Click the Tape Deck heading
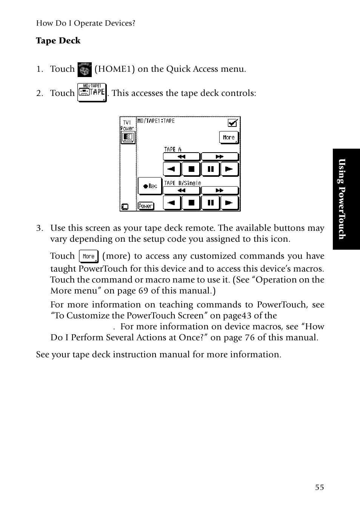(58, 41)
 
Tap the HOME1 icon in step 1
(85, 69)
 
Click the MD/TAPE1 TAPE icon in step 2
(92, 93)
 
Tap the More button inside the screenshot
(229, 137)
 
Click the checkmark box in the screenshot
(233, 123)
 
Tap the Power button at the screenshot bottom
(146, 206)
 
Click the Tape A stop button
(191, 169)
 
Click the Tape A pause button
(211, 169)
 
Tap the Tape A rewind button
(182, 156)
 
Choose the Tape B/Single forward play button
(229, 203)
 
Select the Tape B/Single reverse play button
(172, 203)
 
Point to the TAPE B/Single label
(182, 183)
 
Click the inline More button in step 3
(89, 256)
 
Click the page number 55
(319, 487)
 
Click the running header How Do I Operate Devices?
(85, 23)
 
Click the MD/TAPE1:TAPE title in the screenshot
(156, 121)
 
